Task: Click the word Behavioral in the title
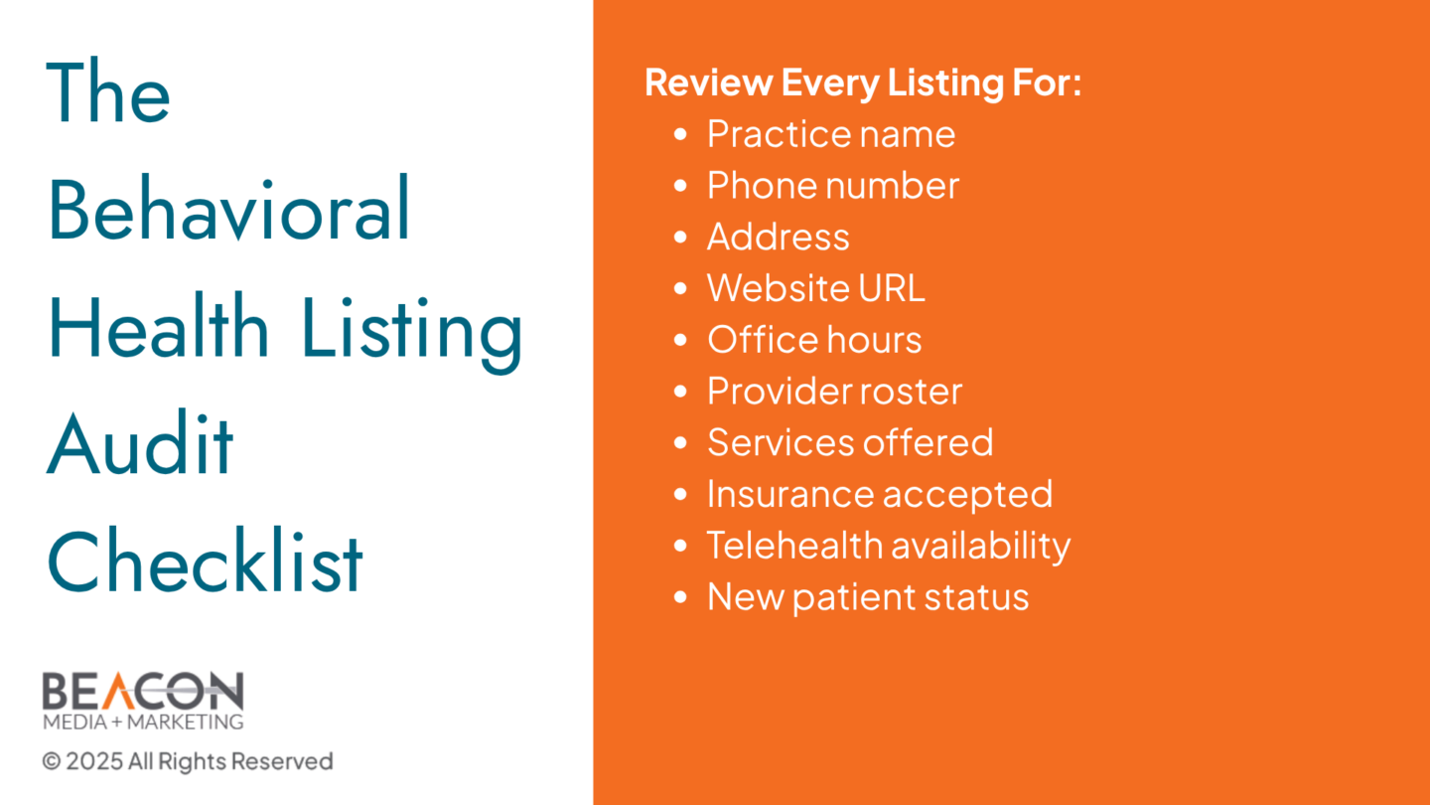click(228, 208)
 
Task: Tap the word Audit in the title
click(140, 442)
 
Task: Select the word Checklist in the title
click(205, 560)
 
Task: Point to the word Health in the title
click(158, 325)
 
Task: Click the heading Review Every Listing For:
click(863, 83)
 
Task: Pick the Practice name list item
click(830, 133)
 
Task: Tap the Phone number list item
click(832, 185)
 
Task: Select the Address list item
click(778, 237)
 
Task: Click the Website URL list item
click(815, 288)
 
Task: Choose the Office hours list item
click(814, 339)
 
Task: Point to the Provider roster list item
click(834, 391)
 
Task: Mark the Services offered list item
click(850, 442)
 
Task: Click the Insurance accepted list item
click(879, 495)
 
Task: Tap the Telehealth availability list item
click(888, 546)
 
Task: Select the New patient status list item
click(868, 597)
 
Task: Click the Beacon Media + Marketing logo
click(143, 701)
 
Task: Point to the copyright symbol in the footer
click(51, 761)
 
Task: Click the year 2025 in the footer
click(94, 761)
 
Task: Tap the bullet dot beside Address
click(680, 237)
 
